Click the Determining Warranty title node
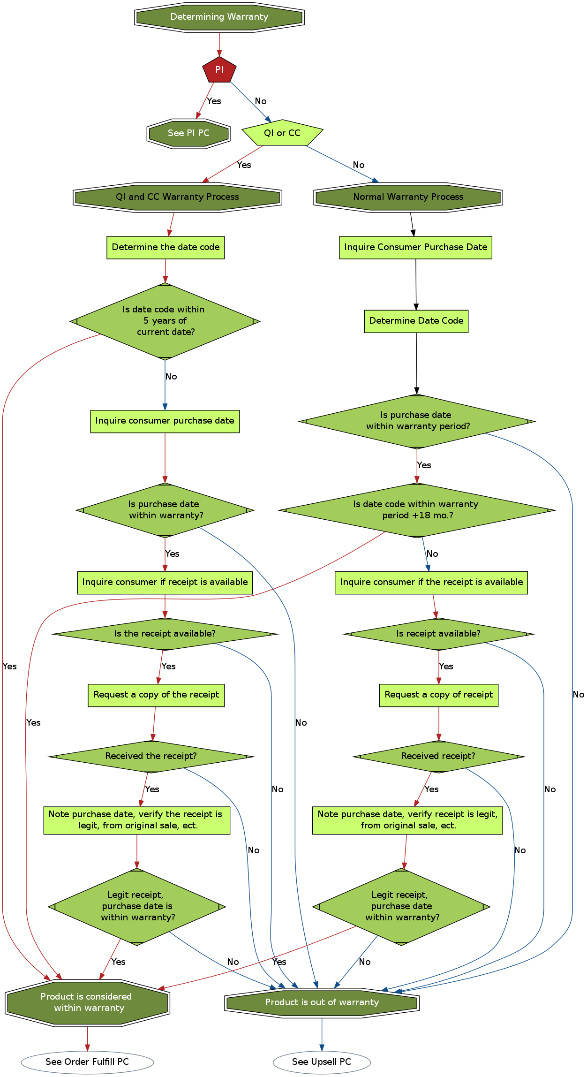[x=219, y=17]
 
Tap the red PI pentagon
[x=219, y=70]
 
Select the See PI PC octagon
[x=188, y=133]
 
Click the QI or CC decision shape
[x=282, y=133]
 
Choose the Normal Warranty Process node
[x=408, y=197]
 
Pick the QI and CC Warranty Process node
[x=177, y=197]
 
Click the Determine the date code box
[x=166, y=247]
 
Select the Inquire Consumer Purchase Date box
[x=415, y=247]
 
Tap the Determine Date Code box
[x=416, y=321]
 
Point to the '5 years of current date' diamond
[x=165, y=321]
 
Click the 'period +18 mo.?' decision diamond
[x=416, y=510]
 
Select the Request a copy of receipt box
[x=438, y=695]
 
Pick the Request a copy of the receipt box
[x=156, y=695]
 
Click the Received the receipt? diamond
[x=151, y=756]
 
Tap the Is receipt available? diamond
[x=438, y=634]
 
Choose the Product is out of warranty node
[x=322, y=1002]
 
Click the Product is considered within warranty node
[x=87, y=1002]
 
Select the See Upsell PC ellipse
[x=322, y=1062]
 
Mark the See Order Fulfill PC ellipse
[x=87, y=1062]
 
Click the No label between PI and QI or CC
[x=261, y=101]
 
